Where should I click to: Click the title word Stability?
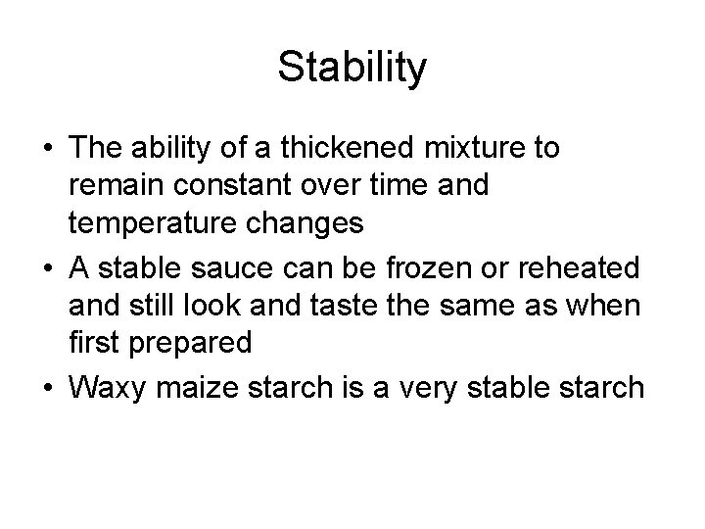click(x=352, y=68)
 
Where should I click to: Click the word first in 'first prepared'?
click(x=93, y=343)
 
